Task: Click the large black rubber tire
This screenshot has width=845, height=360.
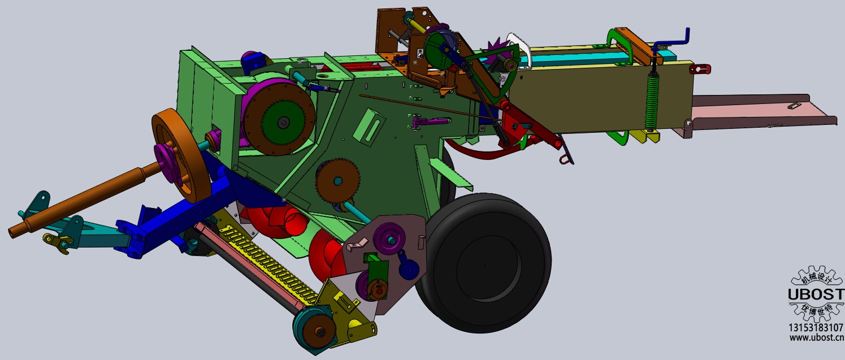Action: [x=487, y=264]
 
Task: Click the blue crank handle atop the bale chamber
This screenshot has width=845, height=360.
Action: [x=671, y=41]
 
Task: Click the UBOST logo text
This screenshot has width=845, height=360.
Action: [x=816, y=294]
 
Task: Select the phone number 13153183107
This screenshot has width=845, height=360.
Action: [x=816, y=327]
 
